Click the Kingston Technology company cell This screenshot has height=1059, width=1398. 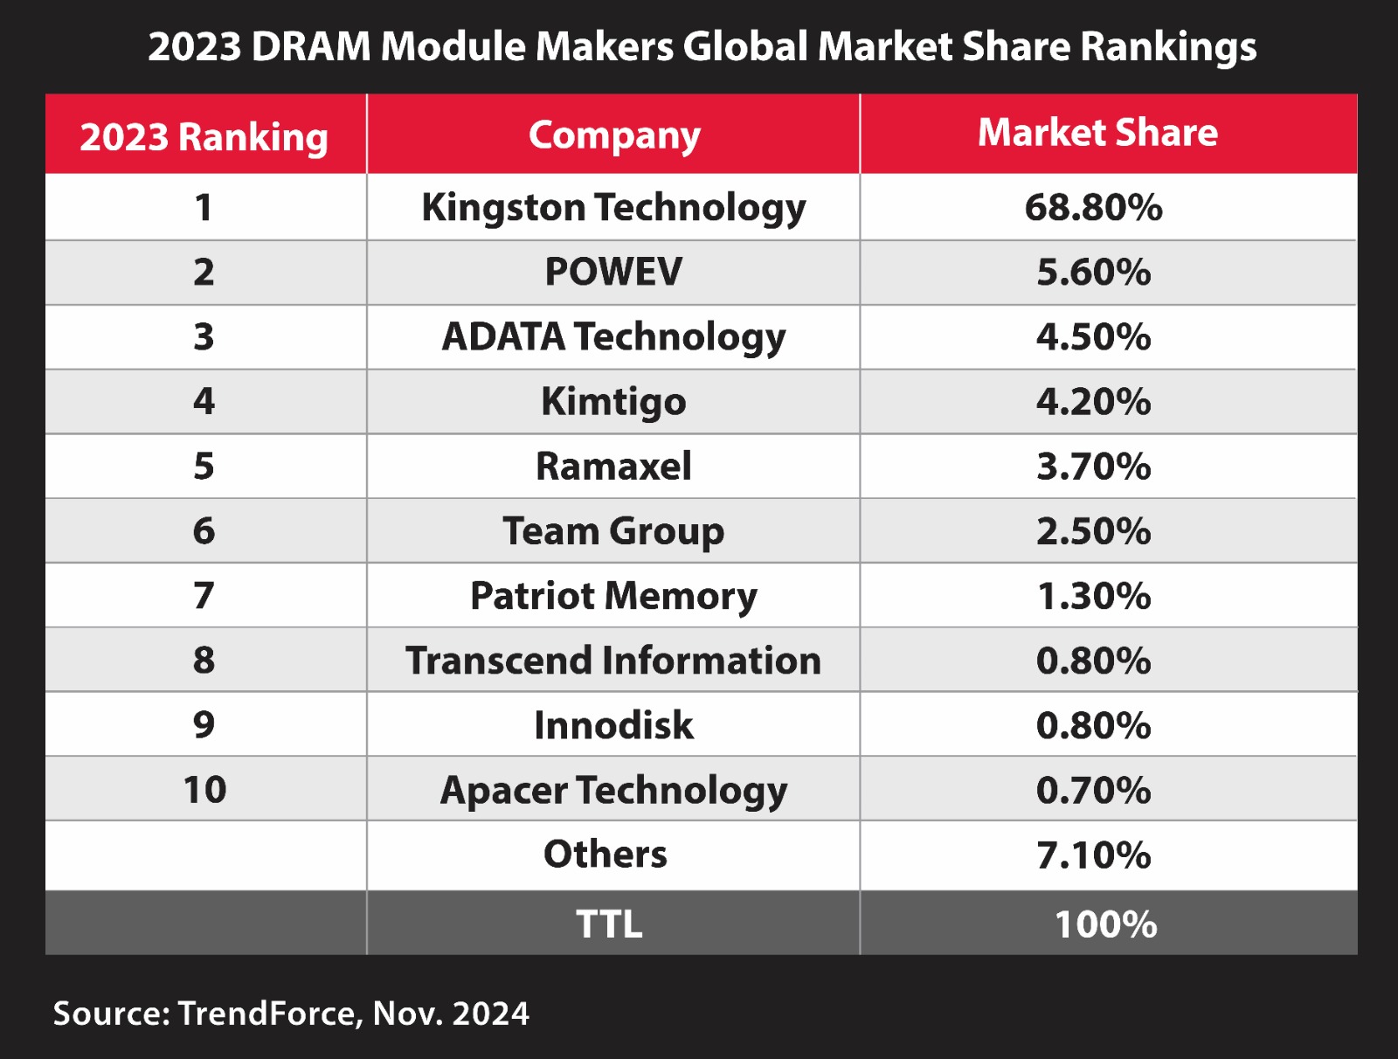[613, 208]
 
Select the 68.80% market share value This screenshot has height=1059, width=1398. [1093, 208]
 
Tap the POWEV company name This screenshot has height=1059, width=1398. [613, 272]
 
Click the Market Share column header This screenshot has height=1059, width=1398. [1097, 133]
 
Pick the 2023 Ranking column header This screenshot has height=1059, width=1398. [204, 137]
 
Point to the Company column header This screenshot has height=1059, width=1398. [614, 135]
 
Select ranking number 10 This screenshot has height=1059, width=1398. [204, 790]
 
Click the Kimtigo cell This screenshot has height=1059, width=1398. [613, 402]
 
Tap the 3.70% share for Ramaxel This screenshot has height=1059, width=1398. [1093, 467]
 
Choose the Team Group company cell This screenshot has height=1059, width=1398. [613, 531]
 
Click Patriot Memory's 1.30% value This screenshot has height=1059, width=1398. [1093, 596]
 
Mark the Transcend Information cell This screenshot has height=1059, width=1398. [613, 661]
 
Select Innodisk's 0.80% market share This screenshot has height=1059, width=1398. [1093, 725]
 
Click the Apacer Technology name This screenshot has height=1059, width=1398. [613, 790]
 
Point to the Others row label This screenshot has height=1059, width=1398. [605, 855]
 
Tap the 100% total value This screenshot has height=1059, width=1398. [1105, 924]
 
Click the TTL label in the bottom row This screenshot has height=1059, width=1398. [609, 924]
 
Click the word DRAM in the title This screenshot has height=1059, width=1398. [311, 46]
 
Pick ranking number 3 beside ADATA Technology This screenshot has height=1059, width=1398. [204, 337]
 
